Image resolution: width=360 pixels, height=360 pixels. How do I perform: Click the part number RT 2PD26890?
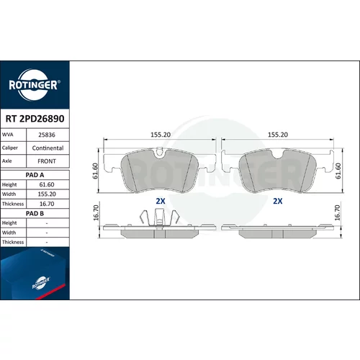click(x=35, y=119)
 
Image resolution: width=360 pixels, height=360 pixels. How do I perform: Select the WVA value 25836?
click(x=47, y=135)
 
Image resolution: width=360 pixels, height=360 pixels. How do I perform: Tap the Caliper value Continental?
click(x=48, y=148)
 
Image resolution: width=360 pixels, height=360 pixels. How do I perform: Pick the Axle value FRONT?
click(x=47, y=161)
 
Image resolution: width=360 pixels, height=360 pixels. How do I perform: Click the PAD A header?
click(x=35, y=175)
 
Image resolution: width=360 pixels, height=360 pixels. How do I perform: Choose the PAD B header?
click(x=35, y=213)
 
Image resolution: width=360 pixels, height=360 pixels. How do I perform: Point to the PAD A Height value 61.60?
click(x=47, y=184)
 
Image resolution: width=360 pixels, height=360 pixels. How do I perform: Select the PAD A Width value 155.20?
click(x=47, y=194)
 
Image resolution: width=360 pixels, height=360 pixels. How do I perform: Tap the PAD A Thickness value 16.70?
click(x=47, y=204)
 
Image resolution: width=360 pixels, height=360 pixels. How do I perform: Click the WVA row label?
click(x=8, y=135)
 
